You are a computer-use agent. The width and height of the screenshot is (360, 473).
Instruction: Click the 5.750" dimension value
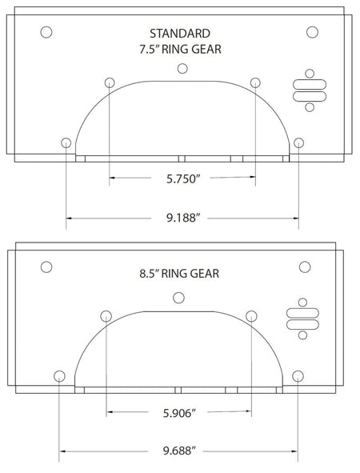(183, 179)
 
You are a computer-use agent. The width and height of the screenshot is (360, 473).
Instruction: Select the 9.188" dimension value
(183, 218)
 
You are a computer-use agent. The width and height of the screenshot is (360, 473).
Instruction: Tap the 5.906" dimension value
(180, 413)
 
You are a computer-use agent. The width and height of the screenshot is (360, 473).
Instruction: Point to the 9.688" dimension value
(180, 451)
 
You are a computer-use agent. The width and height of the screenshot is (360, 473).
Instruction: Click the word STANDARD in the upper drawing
(180, 34)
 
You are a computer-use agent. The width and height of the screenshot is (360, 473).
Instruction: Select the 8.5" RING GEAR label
(179, 274)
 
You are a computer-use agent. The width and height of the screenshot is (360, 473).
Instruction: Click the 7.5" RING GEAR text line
(180, 49)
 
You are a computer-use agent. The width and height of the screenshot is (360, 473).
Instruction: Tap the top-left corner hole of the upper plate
(46, 32)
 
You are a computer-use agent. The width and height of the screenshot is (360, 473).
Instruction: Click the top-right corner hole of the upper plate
(312, 32)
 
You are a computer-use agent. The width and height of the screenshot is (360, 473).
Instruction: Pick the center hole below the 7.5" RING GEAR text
(182, 69)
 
